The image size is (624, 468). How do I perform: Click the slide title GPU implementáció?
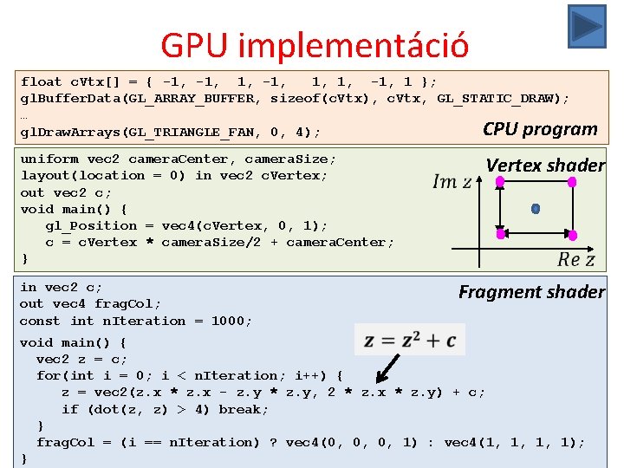(x=315, y=45)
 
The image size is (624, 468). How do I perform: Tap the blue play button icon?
(x=587, y=26)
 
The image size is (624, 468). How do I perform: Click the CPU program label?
(x=540, y=129)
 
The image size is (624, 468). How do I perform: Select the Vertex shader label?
(x=545, y=165)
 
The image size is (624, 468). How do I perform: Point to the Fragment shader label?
(x=531, y=292)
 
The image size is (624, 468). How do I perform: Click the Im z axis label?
(x=452, y=181)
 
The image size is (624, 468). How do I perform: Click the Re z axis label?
(x=576, y=259)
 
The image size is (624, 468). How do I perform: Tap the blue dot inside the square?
(x=535, y=209)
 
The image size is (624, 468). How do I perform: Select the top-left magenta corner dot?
(x=499, y=182)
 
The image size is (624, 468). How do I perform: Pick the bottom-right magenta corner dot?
(x=572, y=235)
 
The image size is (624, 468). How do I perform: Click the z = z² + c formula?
(x=410, y=340)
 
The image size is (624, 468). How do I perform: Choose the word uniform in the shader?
(x=49, y=159)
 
